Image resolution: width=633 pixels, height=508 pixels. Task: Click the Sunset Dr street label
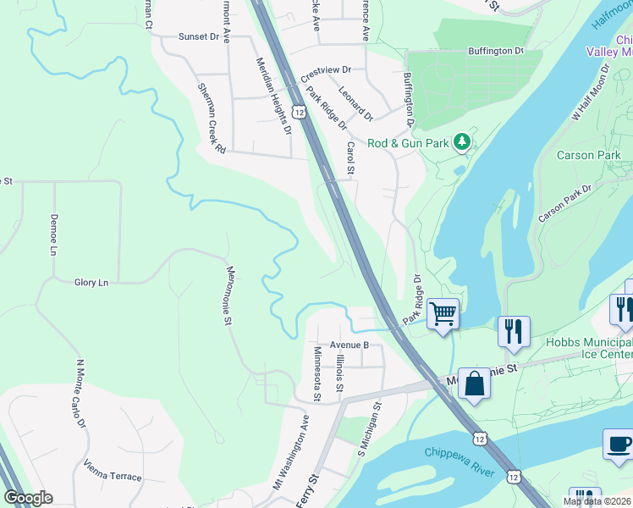[x=198, y=37]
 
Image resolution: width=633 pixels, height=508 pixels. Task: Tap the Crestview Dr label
[x=325, y=70]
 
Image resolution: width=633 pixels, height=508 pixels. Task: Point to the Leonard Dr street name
[x=355, y=102]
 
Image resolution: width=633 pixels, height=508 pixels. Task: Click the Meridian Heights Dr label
[x=274, y=96]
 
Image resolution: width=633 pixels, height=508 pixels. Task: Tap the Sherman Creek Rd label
[x=212, y=118]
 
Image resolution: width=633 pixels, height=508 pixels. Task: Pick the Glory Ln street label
[x=91, y=282]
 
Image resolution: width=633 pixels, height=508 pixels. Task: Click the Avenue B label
[x=350, y=345]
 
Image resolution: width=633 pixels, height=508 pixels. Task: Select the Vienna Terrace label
[x=113, y=471]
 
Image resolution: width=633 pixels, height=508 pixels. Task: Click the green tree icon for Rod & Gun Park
[x=462, y=142]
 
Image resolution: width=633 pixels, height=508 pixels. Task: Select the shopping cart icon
[x=443, y=313]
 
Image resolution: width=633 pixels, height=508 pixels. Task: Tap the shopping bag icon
[x=475, y=384]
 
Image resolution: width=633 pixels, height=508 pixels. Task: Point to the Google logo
[x=28, y=498]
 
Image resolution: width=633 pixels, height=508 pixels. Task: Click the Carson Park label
[x=588, y=155]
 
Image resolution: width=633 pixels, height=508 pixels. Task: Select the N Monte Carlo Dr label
[x=81, y=394]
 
